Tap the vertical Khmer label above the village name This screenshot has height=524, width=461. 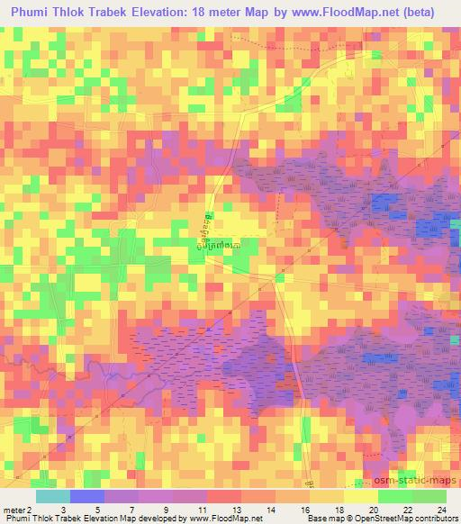(x=210, y=221)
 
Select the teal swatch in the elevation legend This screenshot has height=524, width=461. (x=53, y=496)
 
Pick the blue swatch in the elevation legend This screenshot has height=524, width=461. (x=87, y=496)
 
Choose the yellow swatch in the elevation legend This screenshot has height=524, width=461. (x=359, y=496)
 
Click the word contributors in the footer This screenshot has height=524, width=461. (x=433, y=519)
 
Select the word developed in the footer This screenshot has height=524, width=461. (x=152, y=519)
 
